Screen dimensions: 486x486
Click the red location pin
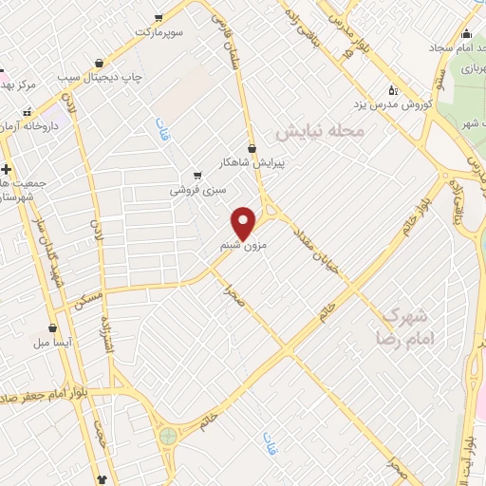(x=245, y=222)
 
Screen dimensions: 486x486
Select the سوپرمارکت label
(x=171, y=31)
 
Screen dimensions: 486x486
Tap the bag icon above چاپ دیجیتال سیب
(x=99, y=63)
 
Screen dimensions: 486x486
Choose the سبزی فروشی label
(x=196, y=190)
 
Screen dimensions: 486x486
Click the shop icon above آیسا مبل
(x=41, y=327)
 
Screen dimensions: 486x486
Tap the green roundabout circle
(x=169, y=436)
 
